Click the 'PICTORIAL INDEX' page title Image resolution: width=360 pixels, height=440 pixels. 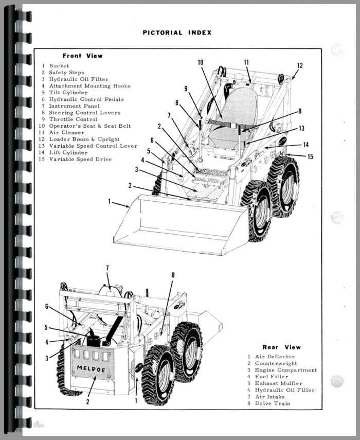[176, 33]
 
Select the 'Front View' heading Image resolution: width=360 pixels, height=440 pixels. [82, 56]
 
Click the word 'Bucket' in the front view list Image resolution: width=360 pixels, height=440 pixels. [59, 66]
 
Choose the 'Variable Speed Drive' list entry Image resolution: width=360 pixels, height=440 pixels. [80, 160]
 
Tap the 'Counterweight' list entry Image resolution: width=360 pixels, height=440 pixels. [276, 363]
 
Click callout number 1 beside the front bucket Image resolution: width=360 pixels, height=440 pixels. [109, 202]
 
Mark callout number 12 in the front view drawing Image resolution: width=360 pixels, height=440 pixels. [300, 65]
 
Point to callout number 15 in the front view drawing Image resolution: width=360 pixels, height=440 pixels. [310, 156]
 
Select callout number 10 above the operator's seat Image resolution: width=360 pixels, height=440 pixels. [200, 62]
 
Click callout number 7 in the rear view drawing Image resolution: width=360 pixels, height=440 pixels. [107, 268]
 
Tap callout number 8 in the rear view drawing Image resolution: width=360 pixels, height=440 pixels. [173, 275]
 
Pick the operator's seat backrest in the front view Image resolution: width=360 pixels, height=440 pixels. [239, 105]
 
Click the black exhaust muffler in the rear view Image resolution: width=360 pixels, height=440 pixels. [94, 340]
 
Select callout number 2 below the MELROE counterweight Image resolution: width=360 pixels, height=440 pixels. [87, 401]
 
